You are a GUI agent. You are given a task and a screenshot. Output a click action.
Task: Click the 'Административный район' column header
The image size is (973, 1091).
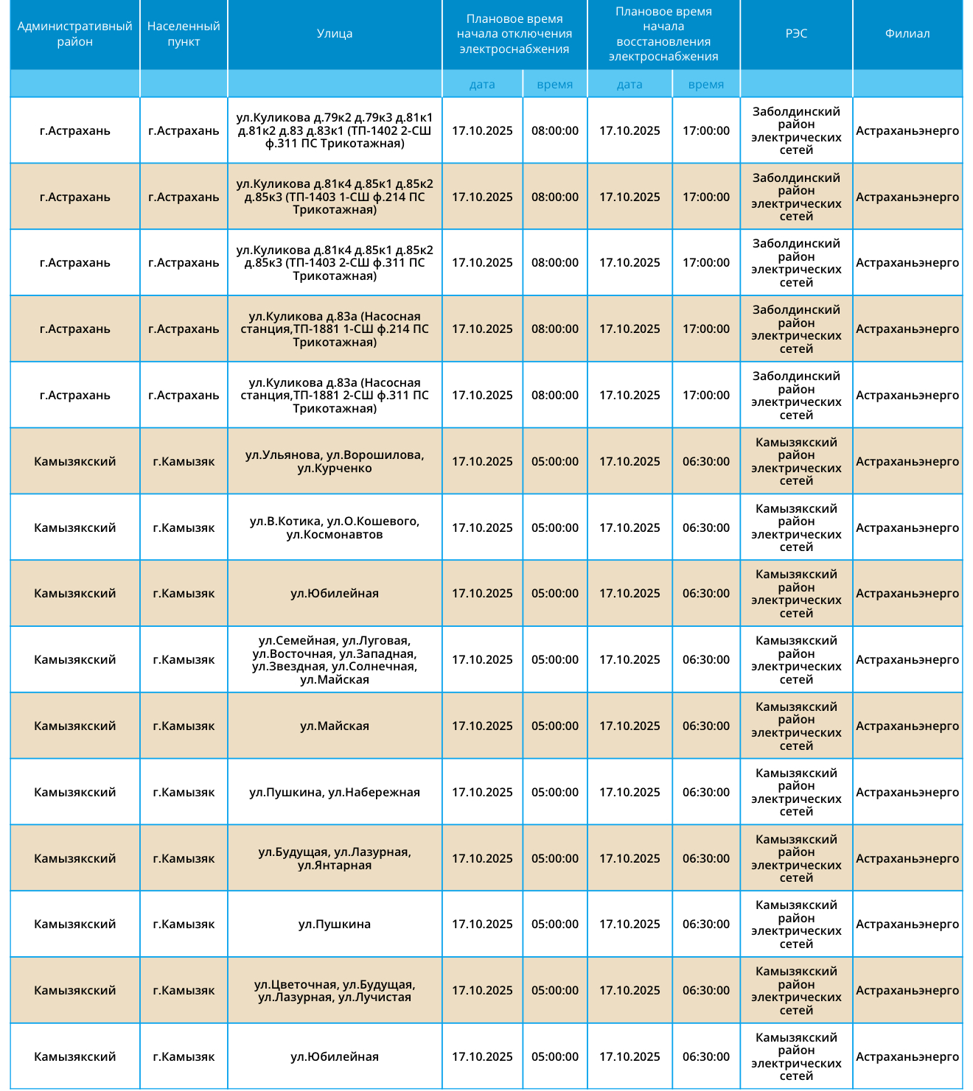pos(74,34)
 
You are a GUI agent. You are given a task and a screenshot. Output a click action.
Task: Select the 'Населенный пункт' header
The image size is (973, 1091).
pos(184,34)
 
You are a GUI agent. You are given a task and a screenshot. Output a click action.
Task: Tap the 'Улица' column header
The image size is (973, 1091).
pos(335,34)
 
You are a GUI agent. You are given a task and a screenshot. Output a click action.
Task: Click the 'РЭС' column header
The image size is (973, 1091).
pos(796,34)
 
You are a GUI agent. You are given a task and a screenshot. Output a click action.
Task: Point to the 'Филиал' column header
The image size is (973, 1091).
pos(907,34)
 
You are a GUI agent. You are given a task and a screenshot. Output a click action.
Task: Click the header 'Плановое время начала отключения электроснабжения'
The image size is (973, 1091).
pos(515,34)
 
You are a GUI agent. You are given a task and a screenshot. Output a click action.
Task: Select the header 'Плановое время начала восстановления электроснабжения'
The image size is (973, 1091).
pos(663,34)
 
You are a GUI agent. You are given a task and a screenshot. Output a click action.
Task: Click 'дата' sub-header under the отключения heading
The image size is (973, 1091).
pos(482,84)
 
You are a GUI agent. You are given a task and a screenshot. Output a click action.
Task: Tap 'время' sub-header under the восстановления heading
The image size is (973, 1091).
pos(705,84)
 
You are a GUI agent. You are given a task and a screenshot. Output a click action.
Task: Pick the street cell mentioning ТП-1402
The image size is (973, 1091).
pos(335,130)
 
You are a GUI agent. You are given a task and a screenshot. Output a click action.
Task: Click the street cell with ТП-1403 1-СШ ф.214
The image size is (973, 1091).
pos(335,197)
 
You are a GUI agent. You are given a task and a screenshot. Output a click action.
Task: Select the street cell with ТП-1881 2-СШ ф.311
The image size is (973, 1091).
pos(335,395)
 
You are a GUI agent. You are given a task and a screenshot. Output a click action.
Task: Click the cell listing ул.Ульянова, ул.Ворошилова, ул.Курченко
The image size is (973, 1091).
pos(335,461)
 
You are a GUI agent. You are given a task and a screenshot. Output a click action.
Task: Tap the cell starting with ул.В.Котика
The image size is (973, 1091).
pos(335,527)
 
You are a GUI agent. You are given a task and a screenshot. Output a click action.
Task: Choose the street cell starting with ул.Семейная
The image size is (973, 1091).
pos(335,659)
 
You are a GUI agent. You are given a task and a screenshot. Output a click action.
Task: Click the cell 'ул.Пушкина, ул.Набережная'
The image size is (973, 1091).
pos(335,792)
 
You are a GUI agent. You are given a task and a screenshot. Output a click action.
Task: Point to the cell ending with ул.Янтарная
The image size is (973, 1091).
pos(335,858)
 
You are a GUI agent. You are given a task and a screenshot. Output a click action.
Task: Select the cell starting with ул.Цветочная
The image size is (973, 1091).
pos(335,990)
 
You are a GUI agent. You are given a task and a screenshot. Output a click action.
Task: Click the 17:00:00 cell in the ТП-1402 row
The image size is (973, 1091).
pos(705,130)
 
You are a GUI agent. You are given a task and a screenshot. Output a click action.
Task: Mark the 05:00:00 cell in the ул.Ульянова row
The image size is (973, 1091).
pos(554,461)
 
